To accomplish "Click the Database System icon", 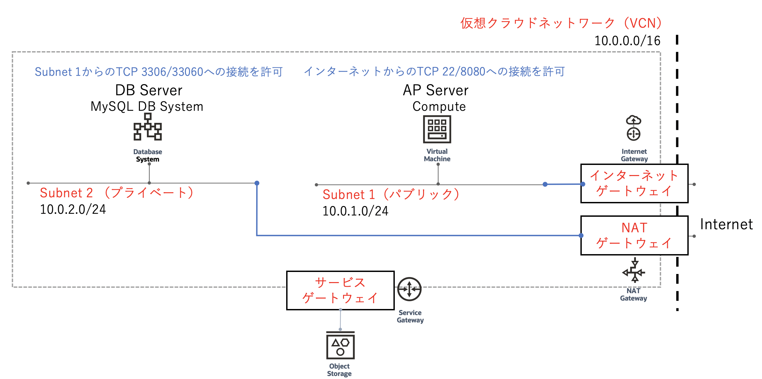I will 148,127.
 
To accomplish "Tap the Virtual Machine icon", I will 437,129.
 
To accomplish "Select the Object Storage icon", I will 340,346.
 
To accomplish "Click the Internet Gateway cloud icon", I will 634,128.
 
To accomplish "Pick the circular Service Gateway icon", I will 409,289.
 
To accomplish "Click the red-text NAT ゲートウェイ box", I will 634,235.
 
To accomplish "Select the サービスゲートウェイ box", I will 340,290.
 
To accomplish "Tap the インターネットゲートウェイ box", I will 634,183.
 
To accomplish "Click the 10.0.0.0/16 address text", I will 627,41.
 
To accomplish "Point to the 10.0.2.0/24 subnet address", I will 73,209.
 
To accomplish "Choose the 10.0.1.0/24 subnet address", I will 355,211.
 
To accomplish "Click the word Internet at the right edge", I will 726,225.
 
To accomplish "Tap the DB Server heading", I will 149,90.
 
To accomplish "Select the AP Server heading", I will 435,90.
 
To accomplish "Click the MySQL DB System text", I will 147,106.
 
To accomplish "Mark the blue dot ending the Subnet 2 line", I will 257,183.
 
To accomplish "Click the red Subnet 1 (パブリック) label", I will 391,194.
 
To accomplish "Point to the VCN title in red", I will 561,23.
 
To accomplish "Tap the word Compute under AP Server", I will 439,106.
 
